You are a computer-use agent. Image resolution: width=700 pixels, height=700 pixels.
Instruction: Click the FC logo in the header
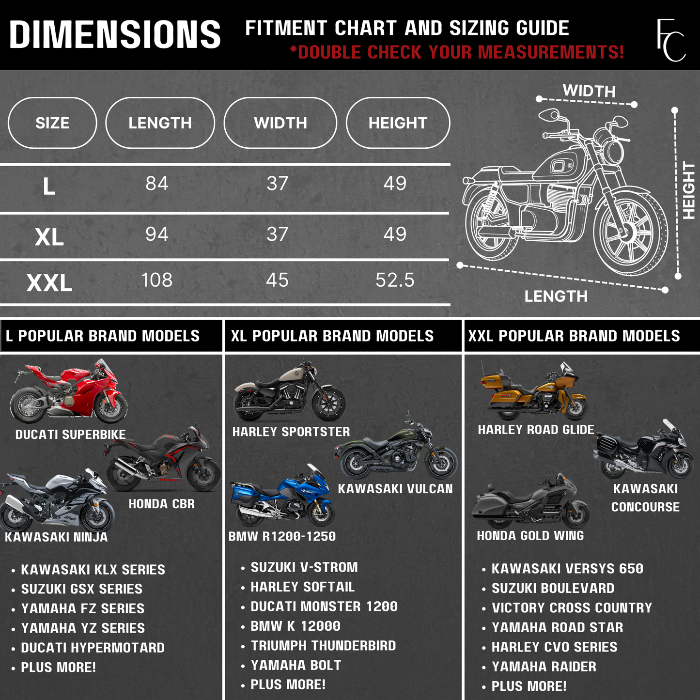point(671,40)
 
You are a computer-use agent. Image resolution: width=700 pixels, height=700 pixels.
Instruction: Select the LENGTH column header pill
point(160,123)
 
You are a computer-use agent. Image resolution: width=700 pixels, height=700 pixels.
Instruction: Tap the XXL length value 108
point(156,280)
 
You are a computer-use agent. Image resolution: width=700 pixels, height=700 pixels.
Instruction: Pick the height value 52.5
point(395,280)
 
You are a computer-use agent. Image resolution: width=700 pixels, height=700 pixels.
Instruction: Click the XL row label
point(49,237)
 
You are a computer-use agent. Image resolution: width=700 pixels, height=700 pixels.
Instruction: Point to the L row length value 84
point(156,184)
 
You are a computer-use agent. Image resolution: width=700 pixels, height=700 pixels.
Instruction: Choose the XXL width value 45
point(277,280)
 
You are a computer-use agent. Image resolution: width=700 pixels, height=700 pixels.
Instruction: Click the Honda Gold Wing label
point(530,535)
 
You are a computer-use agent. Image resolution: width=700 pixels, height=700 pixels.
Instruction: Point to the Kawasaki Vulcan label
point(395,489)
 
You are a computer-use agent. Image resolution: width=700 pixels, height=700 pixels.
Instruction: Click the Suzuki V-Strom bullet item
point(304,567)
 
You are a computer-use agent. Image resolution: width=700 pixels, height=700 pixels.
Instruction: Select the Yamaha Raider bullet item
point(544,667)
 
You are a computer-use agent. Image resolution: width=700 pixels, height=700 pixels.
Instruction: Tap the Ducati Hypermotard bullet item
point(93,648)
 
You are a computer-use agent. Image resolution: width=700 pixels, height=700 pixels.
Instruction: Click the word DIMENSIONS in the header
point(115,34)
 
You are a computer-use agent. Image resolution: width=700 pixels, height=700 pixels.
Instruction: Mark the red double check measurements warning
point(457,52)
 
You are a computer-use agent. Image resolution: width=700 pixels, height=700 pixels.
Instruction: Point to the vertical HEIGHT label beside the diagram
point(688,190)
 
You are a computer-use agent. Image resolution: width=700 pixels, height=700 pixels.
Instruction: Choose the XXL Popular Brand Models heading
point(574,336)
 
